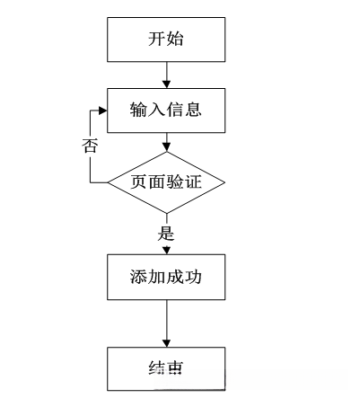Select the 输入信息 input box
coord(166,111)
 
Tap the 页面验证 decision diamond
coord(166,182)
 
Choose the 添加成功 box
coord(166,279)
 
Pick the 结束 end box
coord(166,367)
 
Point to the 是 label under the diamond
coord(165,232)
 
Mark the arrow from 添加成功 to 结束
coord(166,323)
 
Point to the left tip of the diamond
coord(109,182)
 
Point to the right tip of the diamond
coord(224,182)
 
